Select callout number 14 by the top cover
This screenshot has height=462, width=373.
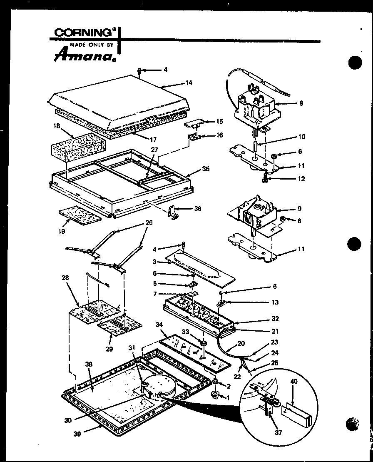coord(189,82)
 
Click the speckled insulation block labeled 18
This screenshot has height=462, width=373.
coord(78,147)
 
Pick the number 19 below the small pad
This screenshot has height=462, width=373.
coord(62,230)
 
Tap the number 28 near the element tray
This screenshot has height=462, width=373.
coord(65,277)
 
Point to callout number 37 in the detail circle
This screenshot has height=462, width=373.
coord(278,432)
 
